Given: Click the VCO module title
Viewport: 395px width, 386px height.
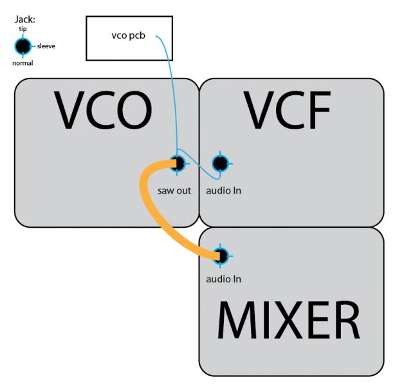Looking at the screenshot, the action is point(103,110).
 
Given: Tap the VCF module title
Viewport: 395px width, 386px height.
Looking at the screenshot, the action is point(287,110).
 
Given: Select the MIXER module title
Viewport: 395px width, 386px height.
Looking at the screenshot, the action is point(289,320).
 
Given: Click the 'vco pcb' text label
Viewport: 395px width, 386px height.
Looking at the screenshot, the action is point(129,35).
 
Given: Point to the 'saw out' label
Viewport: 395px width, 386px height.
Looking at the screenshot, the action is point(174,190).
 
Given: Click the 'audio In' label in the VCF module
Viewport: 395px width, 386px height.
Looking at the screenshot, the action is point(223,190).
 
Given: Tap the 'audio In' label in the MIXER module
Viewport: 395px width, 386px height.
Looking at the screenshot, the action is point(223,279).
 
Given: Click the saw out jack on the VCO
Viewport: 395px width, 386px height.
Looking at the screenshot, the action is point(177,163).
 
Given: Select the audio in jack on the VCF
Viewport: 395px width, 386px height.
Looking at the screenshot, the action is point(221,163).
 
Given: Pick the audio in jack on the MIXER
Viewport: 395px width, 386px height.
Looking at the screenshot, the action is point(221,256).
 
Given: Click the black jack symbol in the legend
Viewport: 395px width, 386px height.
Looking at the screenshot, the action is point(23,46).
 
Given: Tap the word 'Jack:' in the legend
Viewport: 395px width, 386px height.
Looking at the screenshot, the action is point(24,19).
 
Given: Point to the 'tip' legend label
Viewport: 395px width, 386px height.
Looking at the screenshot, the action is point(23,29).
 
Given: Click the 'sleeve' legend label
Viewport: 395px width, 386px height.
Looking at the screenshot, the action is point(46,46).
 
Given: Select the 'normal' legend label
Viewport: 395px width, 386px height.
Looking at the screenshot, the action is point(23,63).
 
